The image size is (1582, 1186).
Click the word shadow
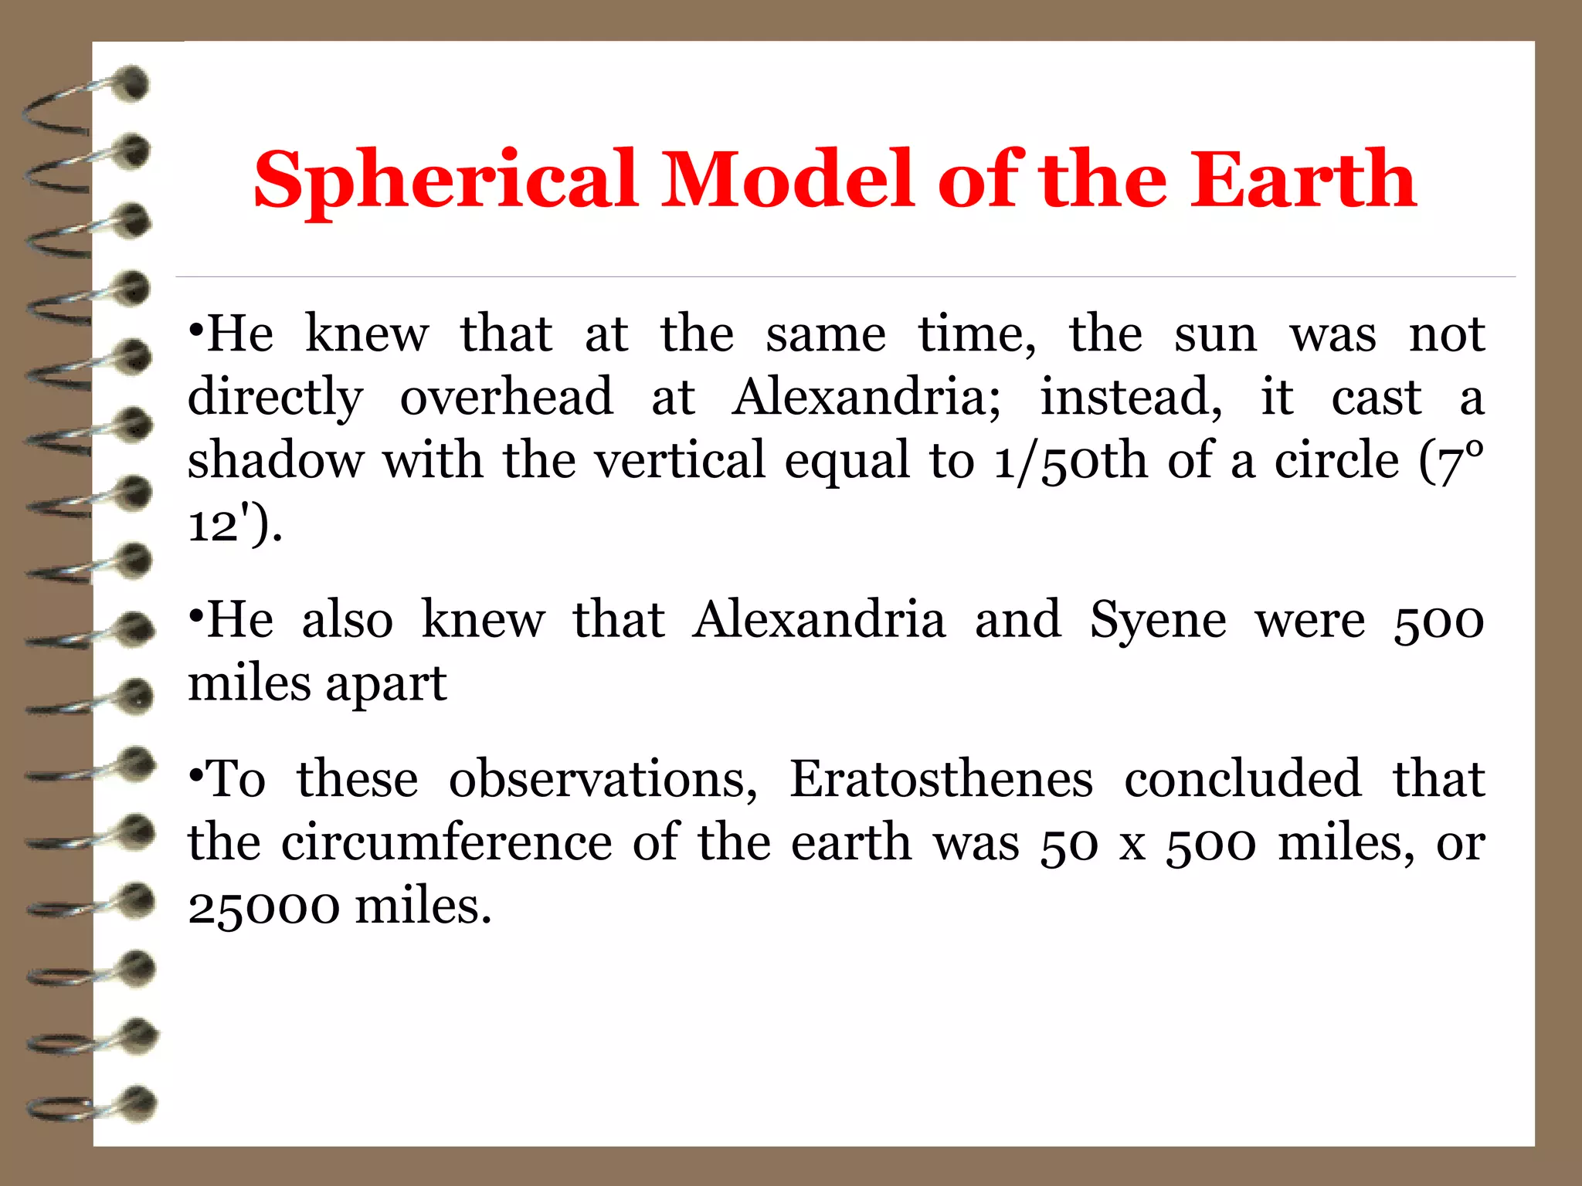coord(275,461)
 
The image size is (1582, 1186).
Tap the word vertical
coord(680,461)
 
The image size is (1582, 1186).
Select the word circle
coord(1336,461)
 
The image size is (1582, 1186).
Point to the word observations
coord(603,780)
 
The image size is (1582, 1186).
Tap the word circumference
coord(446,842)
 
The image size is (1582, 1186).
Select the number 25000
coord(263,906)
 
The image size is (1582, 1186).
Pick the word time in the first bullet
coord(976,335)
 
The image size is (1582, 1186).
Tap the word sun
coord(1215,335)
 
